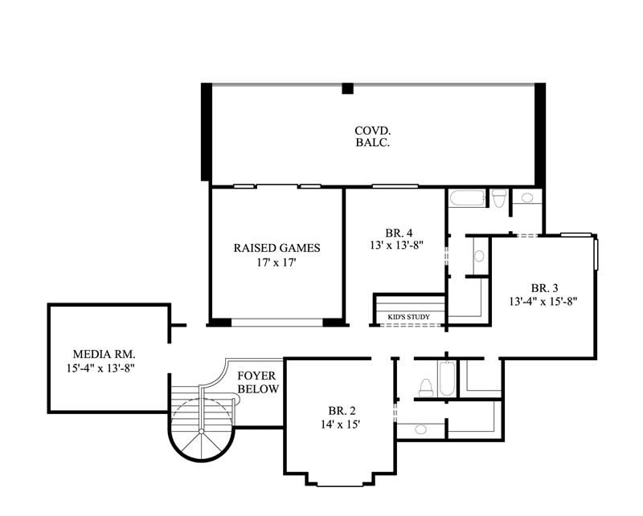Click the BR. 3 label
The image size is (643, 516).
544,287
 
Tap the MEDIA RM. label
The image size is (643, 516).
104,353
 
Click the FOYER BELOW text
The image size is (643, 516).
258,382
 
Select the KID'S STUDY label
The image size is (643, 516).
408,318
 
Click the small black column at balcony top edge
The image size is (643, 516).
348,88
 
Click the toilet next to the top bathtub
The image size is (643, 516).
498,198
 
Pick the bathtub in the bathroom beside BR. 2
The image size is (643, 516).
448,379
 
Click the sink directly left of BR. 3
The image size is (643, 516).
479,257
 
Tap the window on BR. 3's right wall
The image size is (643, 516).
596,255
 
